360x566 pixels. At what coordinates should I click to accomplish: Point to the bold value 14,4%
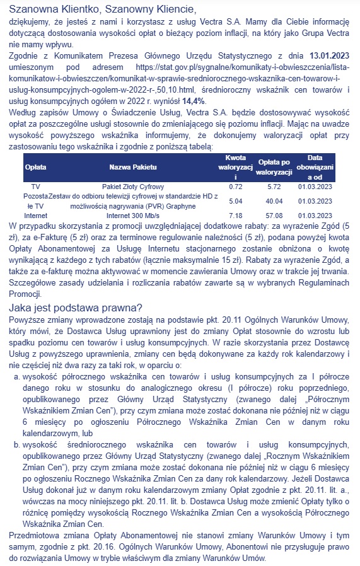pyautogui.click(x=195, y=100)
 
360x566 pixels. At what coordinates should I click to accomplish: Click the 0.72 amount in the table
pyautogui.click(x=236, y=187)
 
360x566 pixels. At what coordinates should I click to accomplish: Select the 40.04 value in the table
pyautogui.click(x=274, y=201)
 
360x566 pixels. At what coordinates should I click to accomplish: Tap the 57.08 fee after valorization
pyautogui.click(x=274, y=216)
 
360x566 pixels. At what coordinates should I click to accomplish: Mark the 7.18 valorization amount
pyautogui.click(x=236, y=216)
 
